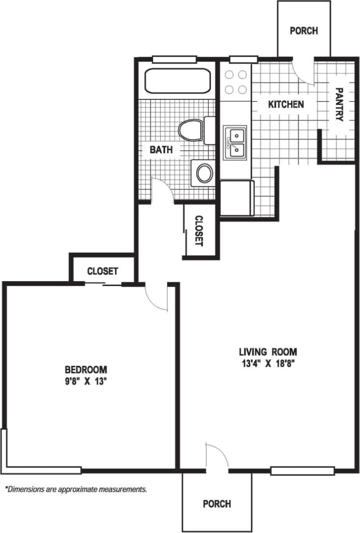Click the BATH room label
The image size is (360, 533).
point(161,149)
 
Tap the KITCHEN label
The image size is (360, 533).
point(285,104)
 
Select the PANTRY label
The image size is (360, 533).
point(339,104)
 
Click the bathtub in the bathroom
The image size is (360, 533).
point(178,81)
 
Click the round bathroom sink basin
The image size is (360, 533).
point(205,173)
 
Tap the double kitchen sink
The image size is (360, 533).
point(235,143)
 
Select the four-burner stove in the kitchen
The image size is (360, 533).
point(235,82)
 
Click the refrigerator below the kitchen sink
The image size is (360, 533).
point(237,198)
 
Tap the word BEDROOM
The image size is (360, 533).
point(86,369)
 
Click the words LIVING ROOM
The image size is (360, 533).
point(268,352)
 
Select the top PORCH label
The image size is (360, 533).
point(303,30)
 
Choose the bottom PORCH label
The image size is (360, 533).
point(217,503)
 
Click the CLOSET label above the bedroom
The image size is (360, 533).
point(102,271)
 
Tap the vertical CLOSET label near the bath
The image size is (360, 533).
point(199,231)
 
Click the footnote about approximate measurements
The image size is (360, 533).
point(76,489)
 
